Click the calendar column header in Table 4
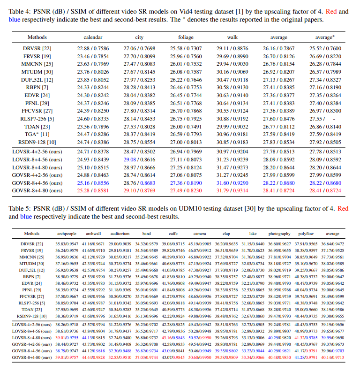point(93,37)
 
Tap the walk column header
point(232,37)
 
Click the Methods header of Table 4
point(37,37)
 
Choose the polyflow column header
point(306,233)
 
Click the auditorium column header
point(120,233)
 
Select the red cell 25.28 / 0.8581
point(93,191)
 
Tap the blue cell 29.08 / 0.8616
point(140,159)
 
